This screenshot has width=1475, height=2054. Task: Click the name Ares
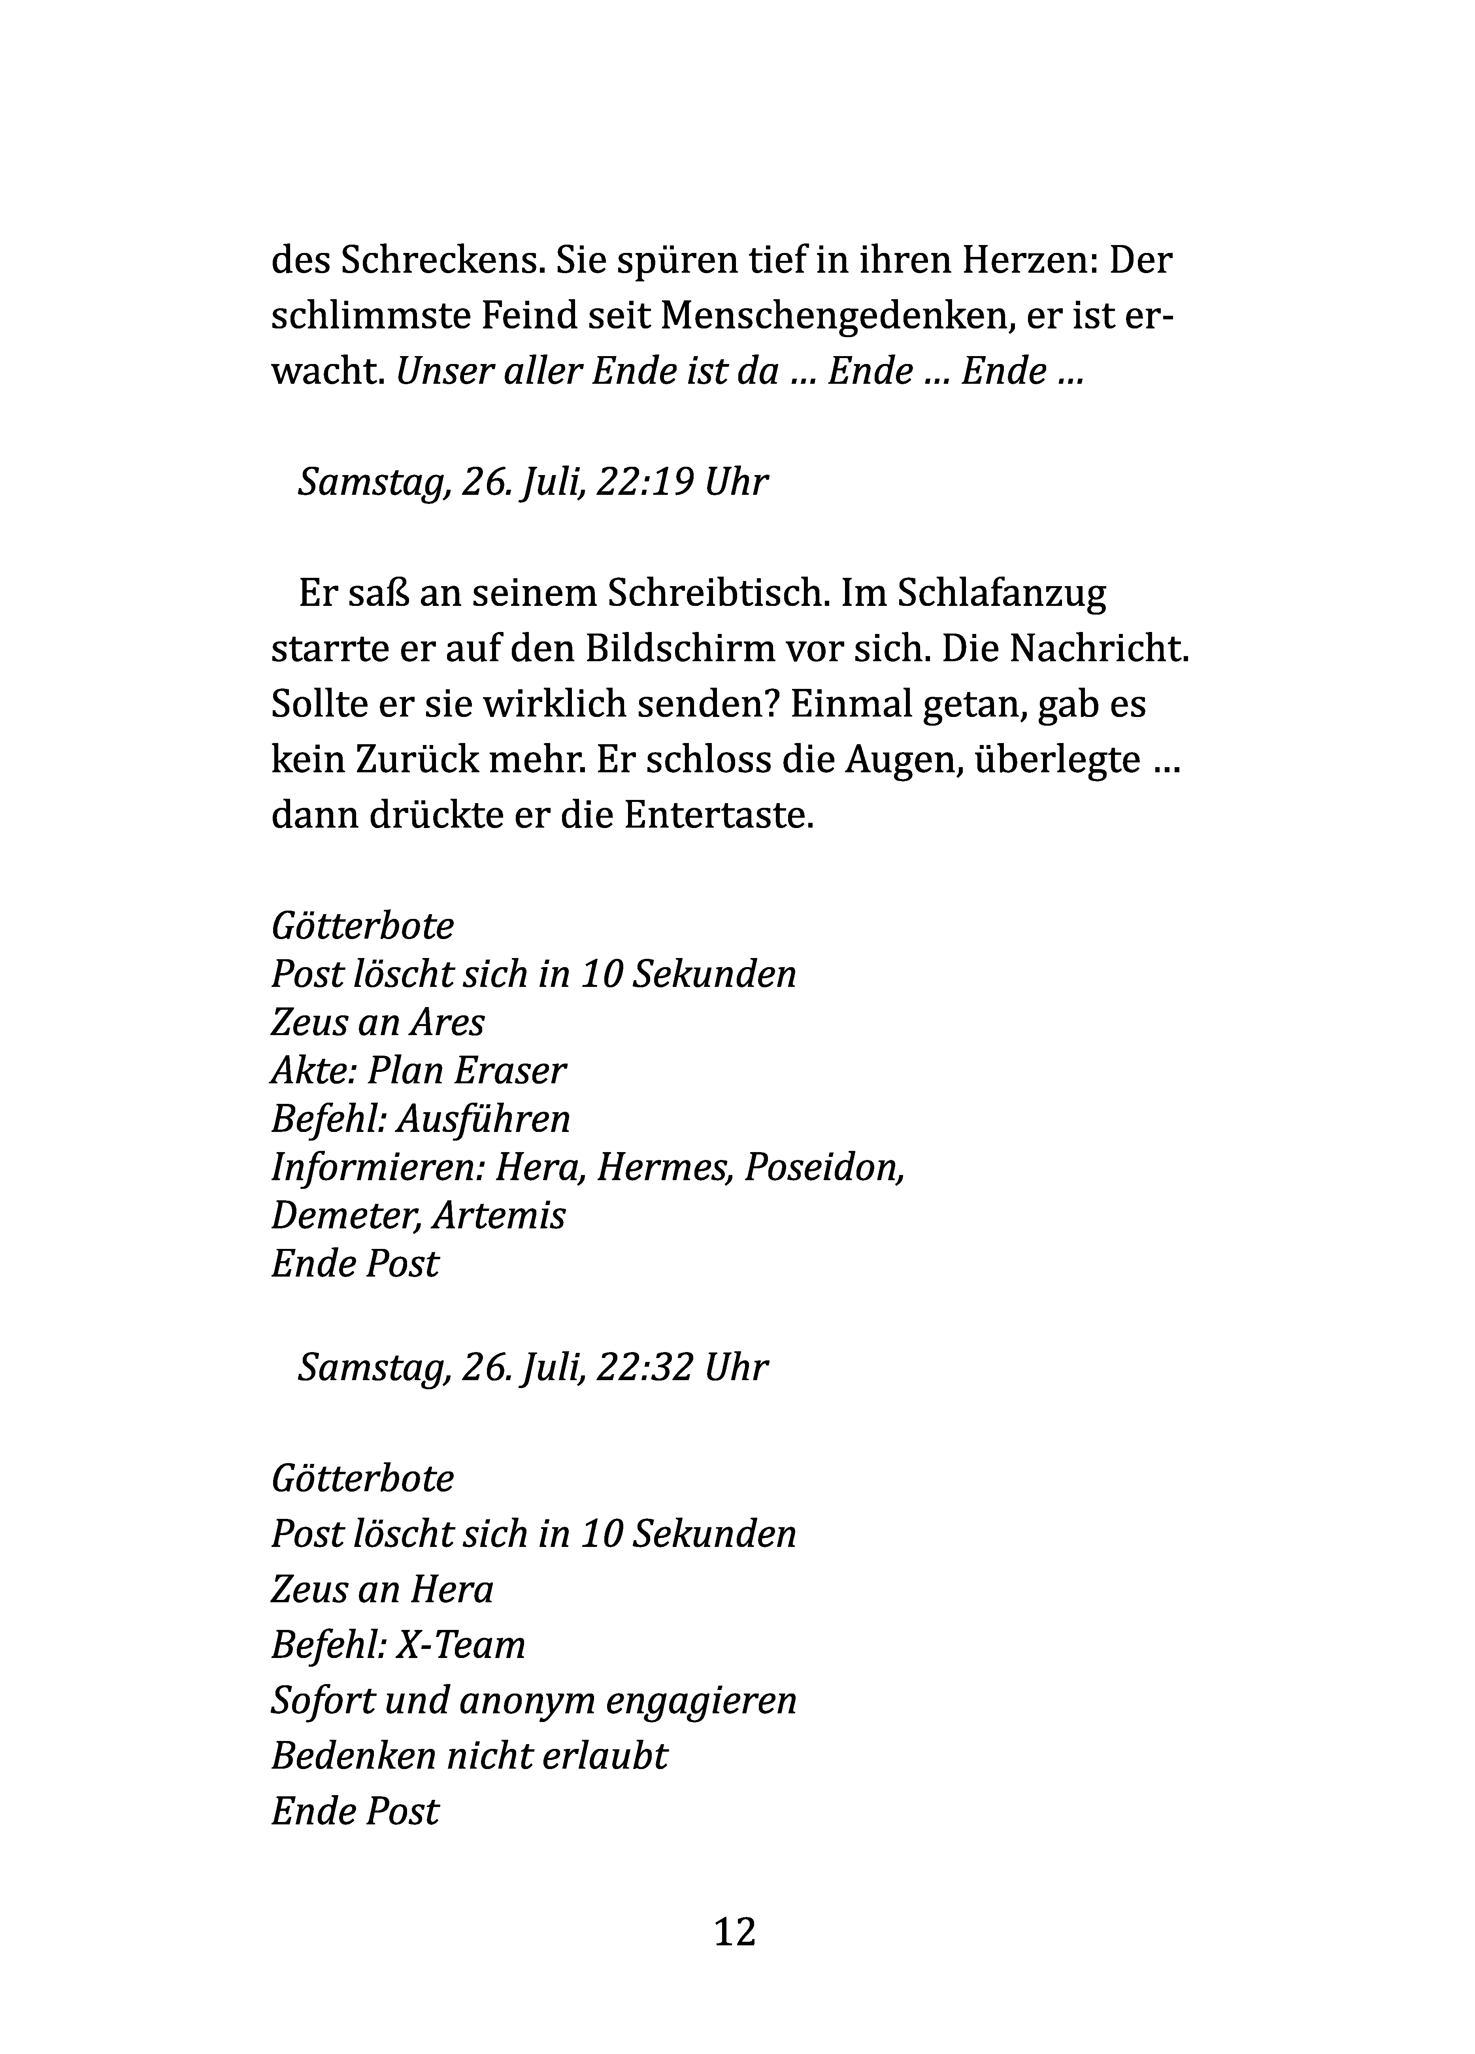click(447, 1022)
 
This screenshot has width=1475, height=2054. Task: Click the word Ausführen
click(483, 1119)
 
